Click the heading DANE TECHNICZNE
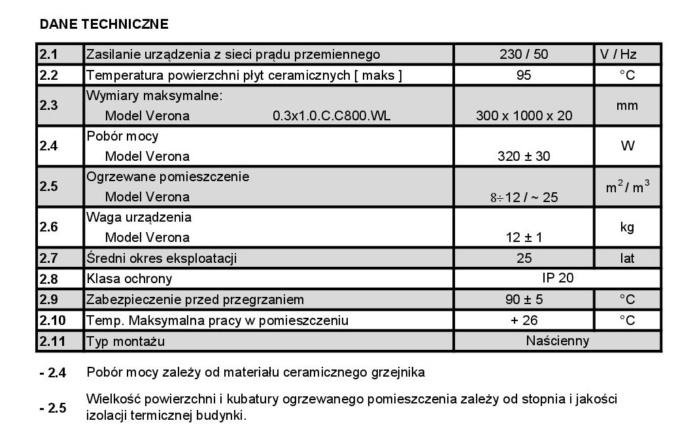coord(104,25)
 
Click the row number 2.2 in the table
coord(49,75)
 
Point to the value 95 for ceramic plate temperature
coord(524,75)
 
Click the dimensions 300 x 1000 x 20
coord(524,116)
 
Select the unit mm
coord(627,105)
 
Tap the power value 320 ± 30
coord(524,156)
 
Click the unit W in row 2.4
coord(627,146)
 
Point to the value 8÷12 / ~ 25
coord(524,197)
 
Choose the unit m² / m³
coord(627,186)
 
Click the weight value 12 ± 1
coord(524,237)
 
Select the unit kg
coord(627,227)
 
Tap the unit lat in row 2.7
coord(627,258)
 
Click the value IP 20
coord(558,278)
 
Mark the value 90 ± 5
coord(524,299)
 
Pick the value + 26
coord(524,320)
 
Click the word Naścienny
coord(558,341)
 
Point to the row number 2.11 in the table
coord(52,341)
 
